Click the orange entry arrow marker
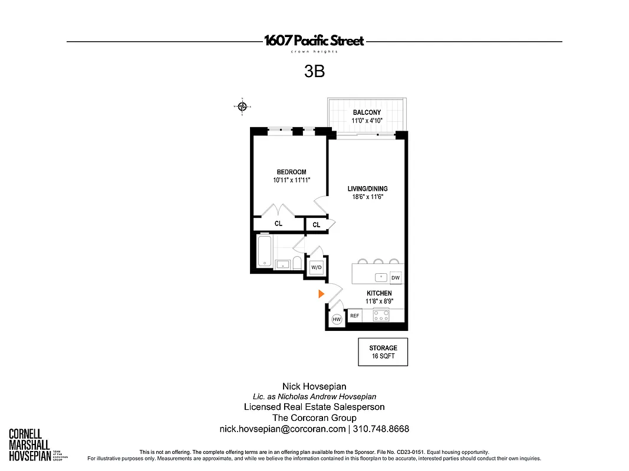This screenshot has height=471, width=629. click(321, 294)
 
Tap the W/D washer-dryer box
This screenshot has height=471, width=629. click(317, 267)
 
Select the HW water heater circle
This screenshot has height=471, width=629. click(337, 320)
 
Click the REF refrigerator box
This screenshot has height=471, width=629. click(355, 316)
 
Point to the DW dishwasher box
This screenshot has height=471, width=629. click(396, 278)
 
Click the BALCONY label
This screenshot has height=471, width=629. click(367, 112)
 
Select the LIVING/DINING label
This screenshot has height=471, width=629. click(367, 189)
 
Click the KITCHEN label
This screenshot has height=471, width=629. click(379, 293)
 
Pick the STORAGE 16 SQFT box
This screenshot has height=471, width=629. click(383, 352)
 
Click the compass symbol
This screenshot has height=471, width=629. click(242, 107)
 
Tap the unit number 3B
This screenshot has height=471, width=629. click(314, 72)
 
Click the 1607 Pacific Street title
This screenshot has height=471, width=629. click(314, 41)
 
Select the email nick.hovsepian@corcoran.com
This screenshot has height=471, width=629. click(282, 429)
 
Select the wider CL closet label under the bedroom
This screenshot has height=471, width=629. click(278, 224)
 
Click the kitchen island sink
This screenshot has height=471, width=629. click(381, 277)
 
